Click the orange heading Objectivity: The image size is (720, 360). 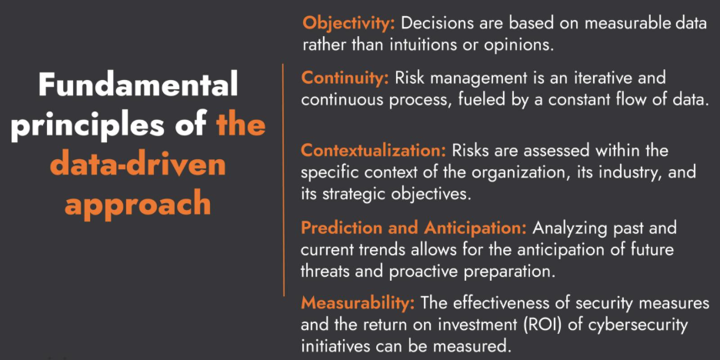point(348,23)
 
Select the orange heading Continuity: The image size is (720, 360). point(345,78)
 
